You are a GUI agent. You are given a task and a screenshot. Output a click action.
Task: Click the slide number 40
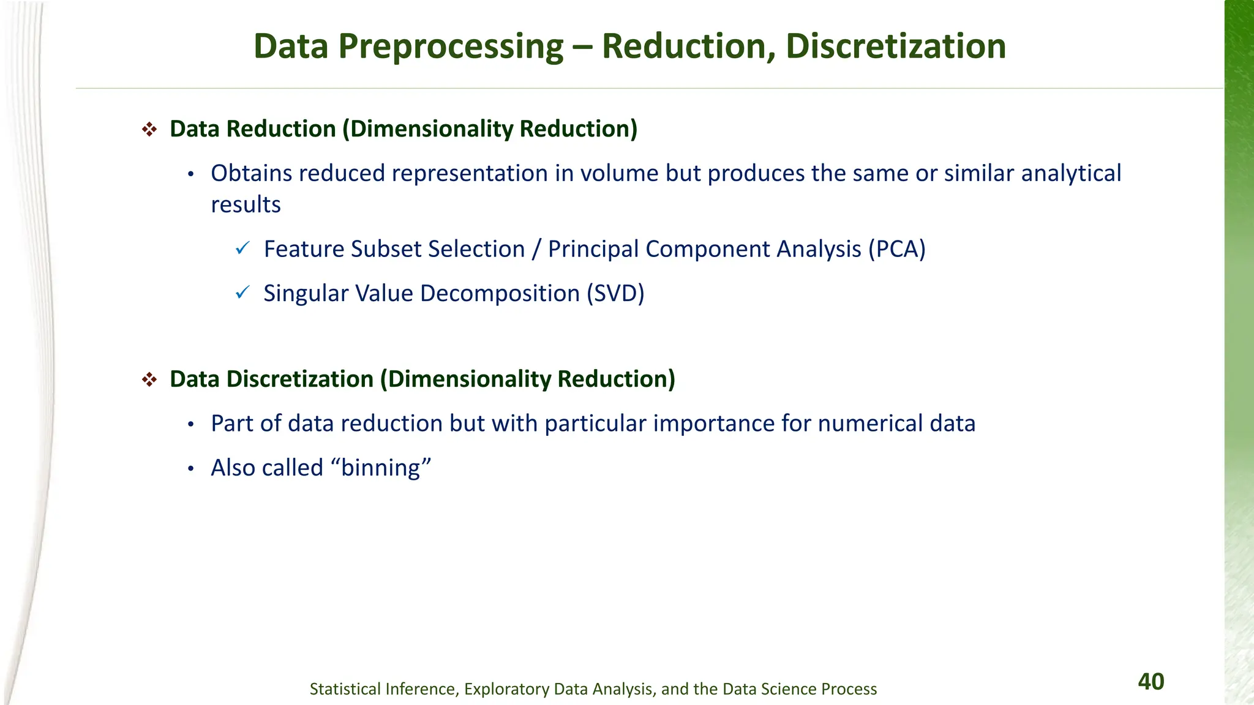(x=1151, y=682)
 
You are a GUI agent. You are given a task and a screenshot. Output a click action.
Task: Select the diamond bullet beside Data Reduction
(x=149, y=129)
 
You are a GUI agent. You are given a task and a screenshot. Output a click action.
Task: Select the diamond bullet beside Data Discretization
(x=149, y=379)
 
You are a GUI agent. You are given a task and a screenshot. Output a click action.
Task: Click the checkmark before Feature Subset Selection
(x=242, y=248)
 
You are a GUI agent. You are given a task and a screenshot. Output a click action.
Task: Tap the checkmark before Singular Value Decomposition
(x=242, y=293)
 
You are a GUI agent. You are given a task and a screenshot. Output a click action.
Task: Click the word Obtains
(x=251, y=173)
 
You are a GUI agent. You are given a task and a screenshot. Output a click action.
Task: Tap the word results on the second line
(x=246, y=205)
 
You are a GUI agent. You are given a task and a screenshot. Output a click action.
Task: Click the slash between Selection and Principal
(x=536, y=249)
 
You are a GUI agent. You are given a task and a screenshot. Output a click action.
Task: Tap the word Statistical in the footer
(x=346, y=689)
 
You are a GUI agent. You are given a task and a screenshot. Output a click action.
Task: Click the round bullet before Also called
(x=191, y=469)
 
